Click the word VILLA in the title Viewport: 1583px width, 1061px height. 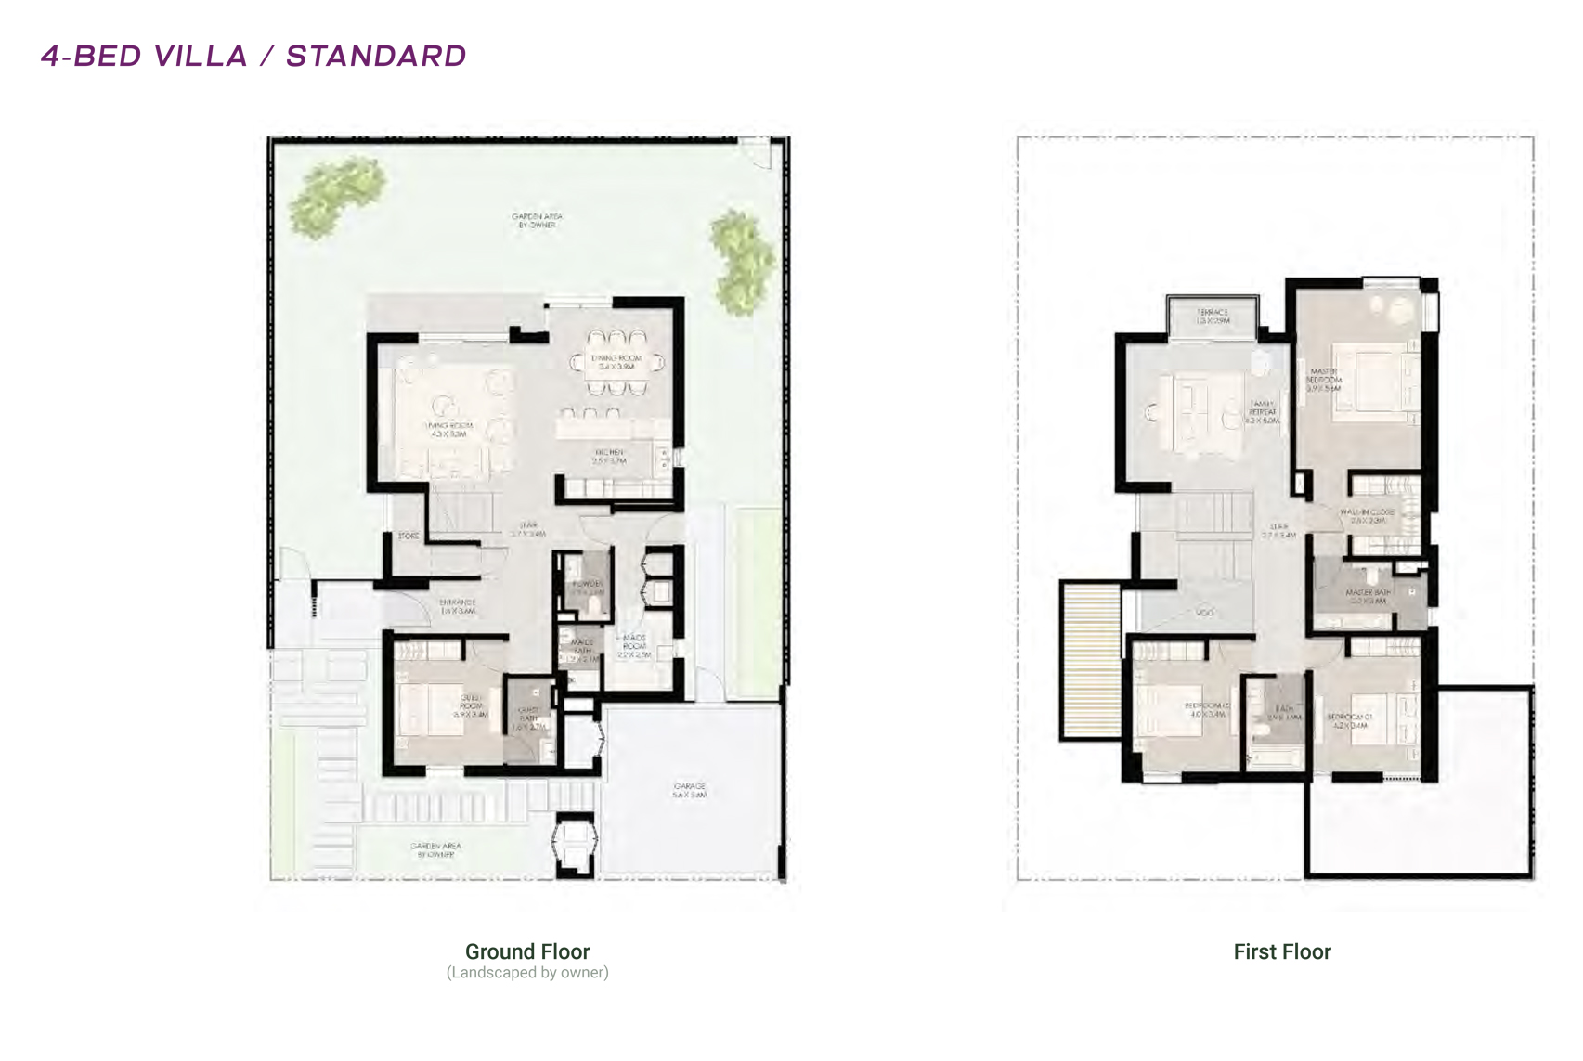pos(201,56)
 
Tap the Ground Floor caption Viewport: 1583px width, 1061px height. pos(527,951)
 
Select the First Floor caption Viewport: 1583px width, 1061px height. pos(1281,951)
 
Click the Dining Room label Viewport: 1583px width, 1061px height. pos(616,362)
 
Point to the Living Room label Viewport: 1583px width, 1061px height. pos(448,430)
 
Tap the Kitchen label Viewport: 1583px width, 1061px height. pos(610,456)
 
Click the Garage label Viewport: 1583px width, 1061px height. pos(690,790)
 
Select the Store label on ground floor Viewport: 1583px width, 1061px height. pos(408,537)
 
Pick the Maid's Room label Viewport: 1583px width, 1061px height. pos(634,646)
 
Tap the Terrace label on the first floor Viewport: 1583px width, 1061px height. pos(1213,316)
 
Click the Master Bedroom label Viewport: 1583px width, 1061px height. pos(1324,379)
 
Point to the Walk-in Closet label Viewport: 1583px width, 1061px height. pos(1368,516)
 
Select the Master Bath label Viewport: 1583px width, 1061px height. pos(1368,596)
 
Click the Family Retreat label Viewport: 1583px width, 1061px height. pos(1263,412)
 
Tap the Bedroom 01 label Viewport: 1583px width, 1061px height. pos(1349,720)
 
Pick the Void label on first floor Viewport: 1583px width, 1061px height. pos(1205,613)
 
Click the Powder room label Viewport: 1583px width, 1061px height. pos(588,588)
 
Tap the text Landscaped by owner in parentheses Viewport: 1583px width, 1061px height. pos(527,973)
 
